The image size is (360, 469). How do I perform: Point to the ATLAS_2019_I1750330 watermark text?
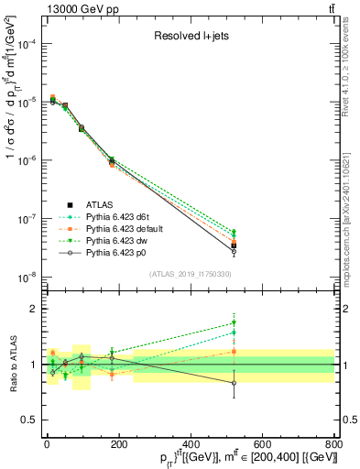(190, 274)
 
